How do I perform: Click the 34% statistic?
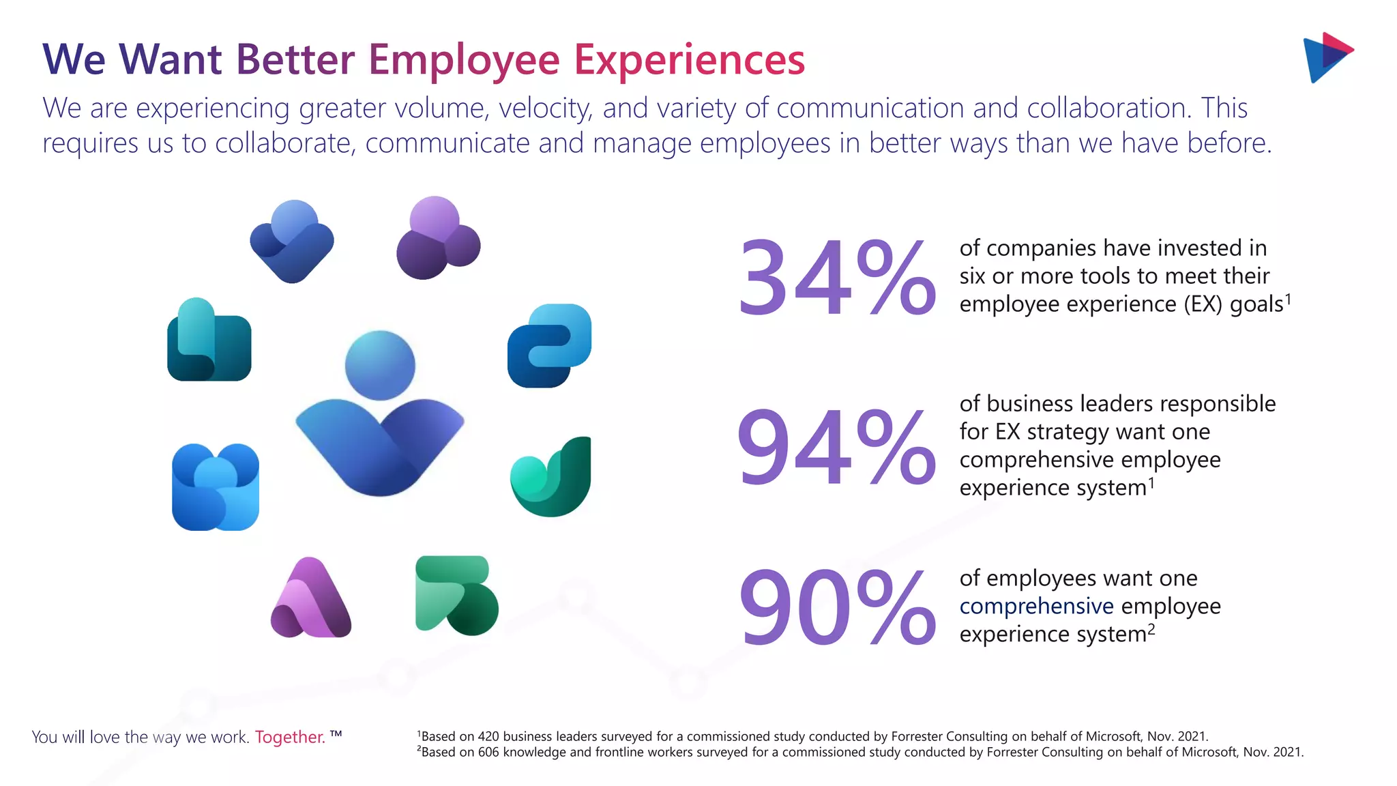tap(836, 278)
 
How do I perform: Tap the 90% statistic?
tap(836, 608)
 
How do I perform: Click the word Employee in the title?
tap(465, 60)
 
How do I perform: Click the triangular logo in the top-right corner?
tap(1327, 57)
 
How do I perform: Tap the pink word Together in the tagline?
tap(290, 737)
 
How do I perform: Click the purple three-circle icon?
tap(437, 238)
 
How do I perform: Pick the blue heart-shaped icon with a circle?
tap(292, 242)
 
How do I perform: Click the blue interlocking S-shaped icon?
tap(549, 345)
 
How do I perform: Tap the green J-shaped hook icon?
tap(551, 477)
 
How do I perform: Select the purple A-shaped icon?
tap(311, 598)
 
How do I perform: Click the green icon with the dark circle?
tap(456, 595)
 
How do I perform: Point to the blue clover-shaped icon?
tap(216, 486)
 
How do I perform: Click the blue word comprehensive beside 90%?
tap(1036, 606)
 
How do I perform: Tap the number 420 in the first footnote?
tap(488, 736)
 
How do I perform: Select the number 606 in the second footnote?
tap(489, 752)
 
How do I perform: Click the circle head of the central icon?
tap(380, 365)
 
